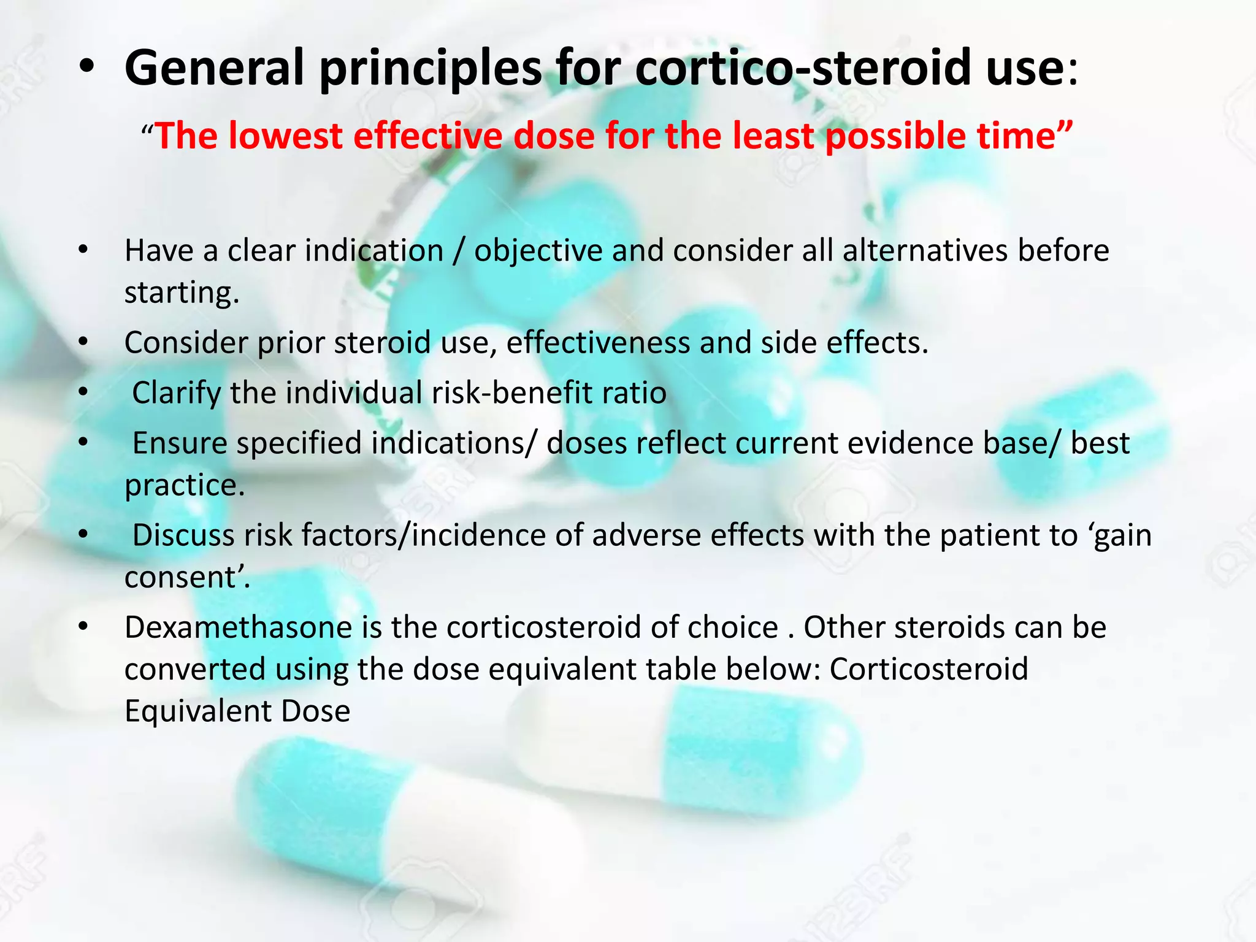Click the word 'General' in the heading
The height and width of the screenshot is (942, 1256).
[x=214, y=67]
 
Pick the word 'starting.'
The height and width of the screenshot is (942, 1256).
[x=182, y=292]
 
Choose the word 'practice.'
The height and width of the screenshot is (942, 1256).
[x=185, y=485]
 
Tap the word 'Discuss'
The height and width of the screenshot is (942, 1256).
[x=183, y=535]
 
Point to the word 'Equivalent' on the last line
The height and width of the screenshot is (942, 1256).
[x=197, y=711]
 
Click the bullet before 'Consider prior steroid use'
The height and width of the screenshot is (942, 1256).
[x=84, y=342]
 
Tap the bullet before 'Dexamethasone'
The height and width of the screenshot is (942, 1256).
[x=84, y=627]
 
